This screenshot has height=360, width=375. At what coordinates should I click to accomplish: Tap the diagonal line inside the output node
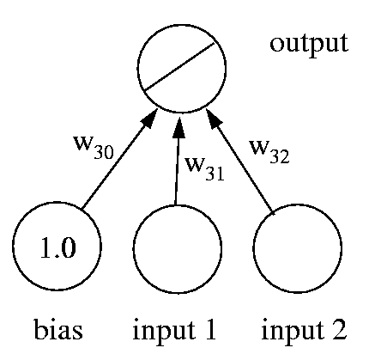click(x=179, y=67)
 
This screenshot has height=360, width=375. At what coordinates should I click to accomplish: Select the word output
click(x=309, y=45)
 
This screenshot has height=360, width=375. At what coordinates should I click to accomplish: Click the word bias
click(x=58, y=329)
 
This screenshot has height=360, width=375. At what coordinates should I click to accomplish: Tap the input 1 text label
click(x=174, y=329)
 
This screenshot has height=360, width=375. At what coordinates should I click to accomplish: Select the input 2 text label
click(x=305, y=329)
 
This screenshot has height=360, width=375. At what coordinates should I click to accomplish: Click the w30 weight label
click(x=94, y=146)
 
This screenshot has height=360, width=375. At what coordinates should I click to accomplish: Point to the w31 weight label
click(x=204, y=168)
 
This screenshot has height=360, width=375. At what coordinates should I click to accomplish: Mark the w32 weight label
click(x=269, y=151)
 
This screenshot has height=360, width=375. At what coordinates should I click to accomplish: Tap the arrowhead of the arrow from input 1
click(x=178, y=127)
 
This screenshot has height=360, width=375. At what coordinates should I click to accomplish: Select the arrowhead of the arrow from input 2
click(x=213, y=119)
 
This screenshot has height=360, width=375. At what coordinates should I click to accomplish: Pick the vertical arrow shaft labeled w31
click(x=177, y=171)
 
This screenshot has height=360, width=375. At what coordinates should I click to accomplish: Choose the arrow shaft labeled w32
click(x=245, y=168)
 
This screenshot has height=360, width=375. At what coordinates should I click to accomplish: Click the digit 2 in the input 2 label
click(x=338, y=328)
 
